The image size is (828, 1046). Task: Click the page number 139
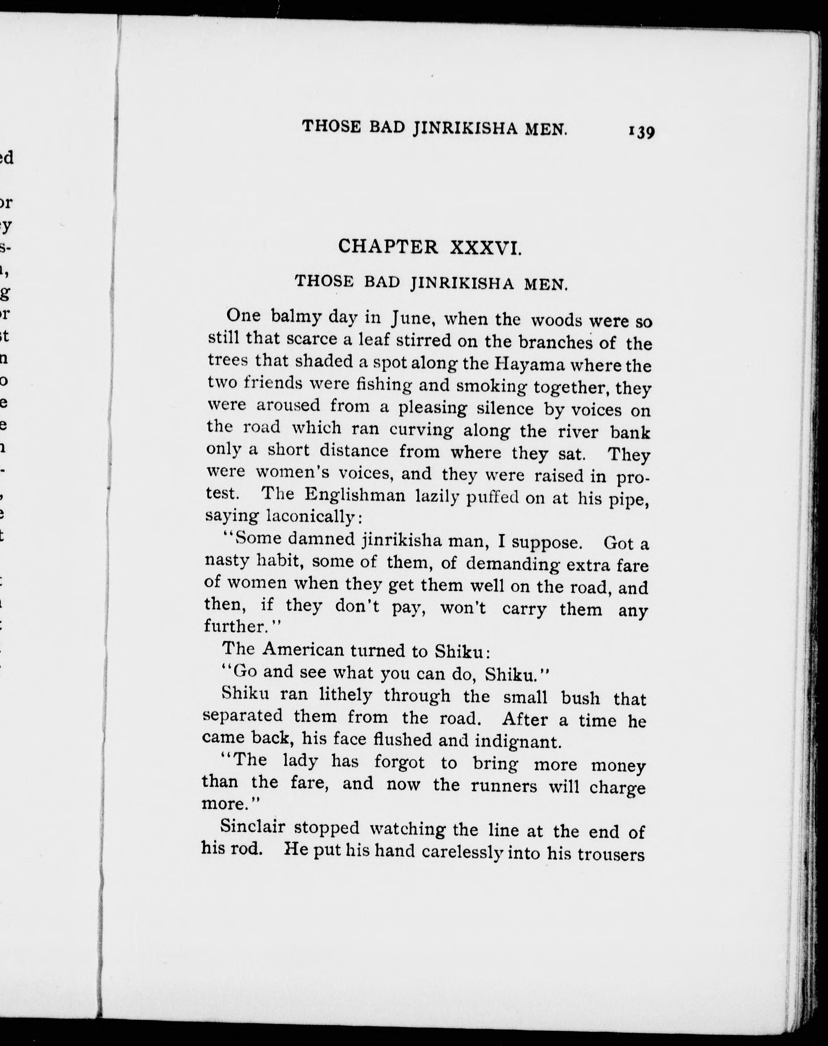(641, 132)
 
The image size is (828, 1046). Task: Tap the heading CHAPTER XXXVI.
(430, 247)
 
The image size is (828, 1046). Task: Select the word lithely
(345, 695)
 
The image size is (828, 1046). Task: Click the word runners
(504, 785)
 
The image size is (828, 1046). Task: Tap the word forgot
(399, 762)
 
